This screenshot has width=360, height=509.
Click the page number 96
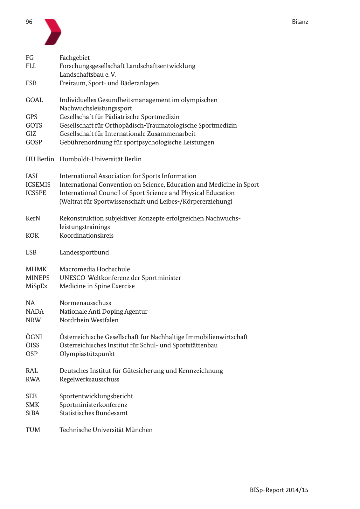(x=29, y=22)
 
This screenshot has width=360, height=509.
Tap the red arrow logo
(x=52, y=32)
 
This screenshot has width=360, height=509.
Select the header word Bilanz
(x=300, y=22)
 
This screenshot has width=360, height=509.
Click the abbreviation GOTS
(x=34, y=125)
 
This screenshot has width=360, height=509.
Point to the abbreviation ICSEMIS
(x=38, y=185)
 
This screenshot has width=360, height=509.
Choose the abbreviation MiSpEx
(x=37, y=286)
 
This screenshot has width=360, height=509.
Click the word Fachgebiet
(x=74, y=58)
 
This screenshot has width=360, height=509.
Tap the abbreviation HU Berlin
(x=40, y=159)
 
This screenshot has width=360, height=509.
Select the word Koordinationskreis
(x=87, y=235)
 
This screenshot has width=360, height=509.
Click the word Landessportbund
(x=84, y=252)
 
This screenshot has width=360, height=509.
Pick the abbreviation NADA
(x=35, y=311)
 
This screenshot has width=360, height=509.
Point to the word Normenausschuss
(x=85, y=303)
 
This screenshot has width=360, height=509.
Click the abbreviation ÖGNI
(x=34, y=337)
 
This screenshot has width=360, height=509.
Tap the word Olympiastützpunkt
(x=87, y=354)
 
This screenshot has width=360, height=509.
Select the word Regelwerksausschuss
(x=89, y=379)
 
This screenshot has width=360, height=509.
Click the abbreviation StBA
(x=33, y=413)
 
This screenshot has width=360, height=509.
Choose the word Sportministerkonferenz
(x=93, y=405)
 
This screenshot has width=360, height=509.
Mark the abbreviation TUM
(x=33, y=430)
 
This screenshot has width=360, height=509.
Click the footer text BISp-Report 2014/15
(x=279, y=490)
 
